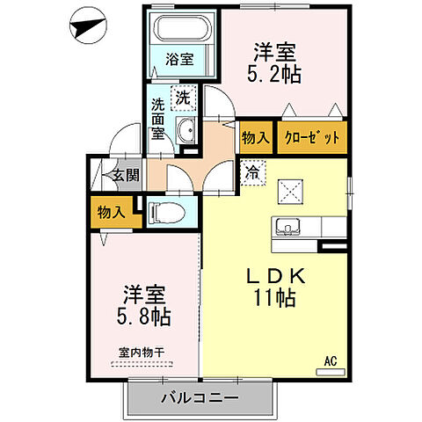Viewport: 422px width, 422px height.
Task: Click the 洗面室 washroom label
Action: click(x=158, y=118)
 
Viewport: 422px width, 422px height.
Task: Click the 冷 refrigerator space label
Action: click(x=253, y=172)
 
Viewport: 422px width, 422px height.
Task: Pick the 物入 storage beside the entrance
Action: click(x=109, y=212)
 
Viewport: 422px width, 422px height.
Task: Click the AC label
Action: click(x=331, y=360)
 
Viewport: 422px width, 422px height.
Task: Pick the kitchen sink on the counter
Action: click(x=287, y=227)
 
